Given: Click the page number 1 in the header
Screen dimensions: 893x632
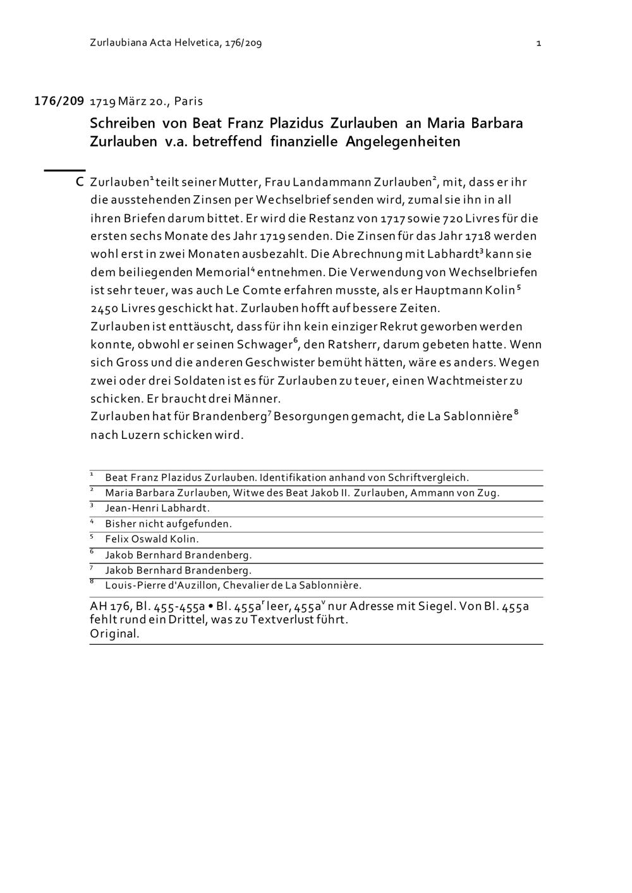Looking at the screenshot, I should coord(538,43).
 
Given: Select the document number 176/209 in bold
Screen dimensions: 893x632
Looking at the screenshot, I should coord(59,101).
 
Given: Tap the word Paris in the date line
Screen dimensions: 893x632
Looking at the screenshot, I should coord(188,101).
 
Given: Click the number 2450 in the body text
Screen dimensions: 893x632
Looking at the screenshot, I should coord(104,309).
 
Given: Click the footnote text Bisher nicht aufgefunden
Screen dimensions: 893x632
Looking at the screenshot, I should coord(168,524).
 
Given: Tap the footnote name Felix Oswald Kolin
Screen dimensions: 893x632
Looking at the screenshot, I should coord(152,539).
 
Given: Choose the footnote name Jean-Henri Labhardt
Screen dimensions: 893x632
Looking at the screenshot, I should coord(157,508).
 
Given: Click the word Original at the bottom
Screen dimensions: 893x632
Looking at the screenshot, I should coord(114,633).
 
